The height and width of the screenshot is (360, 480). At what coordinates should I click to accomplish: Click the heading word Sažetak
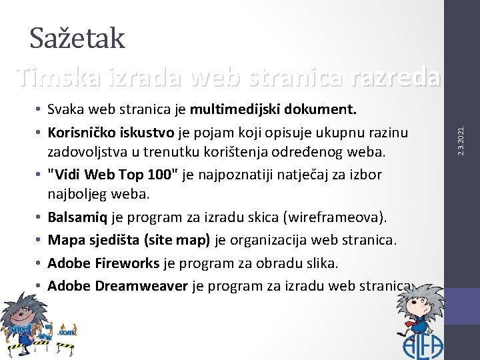tap(77, 39)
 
